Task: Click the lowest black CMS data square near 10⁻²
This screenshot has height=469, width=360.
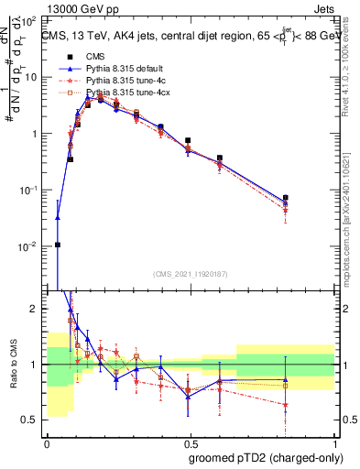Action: coord(57,245)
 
